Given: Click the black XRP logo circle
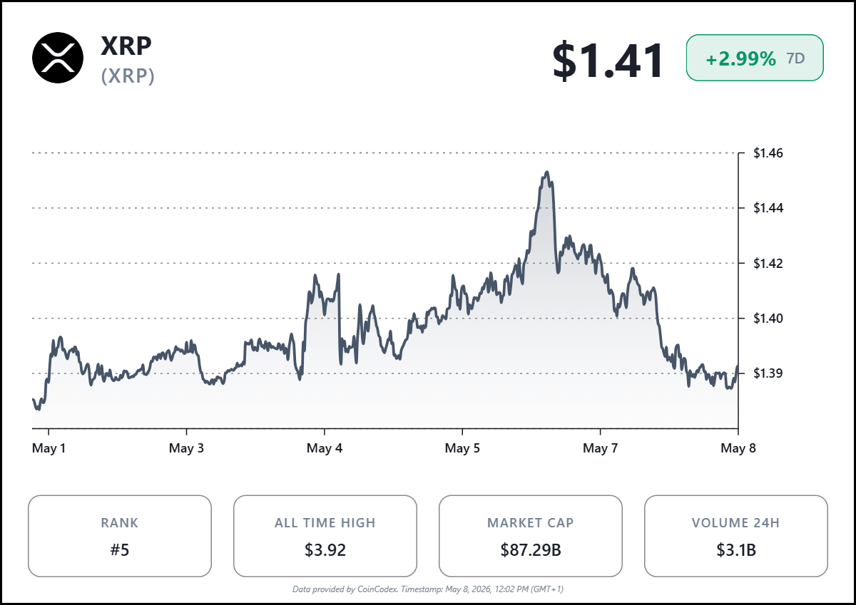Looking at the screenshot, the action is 58,58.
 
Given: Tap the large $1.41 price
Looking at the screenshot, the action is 607,61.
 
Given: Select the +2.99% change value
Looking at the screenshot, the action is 740,58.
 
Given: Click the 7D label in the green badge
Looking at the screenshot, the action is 795,58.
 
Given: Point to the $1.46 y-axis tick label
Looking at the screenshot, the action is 768,153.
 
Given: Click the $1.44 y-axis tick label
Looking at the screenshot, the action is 768,208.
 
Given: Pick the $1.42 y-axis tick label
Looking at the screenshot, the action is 768,264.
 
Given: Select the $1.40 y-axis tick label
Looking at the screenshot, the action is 768,319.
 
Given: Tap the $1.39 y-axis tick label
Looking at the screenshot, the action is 768,373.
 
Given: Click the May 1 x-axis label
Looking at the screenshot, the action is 49,448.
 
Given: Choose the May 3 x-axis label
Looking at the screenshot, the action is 186,448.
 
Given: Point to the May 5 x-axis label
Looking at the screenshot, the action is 462,448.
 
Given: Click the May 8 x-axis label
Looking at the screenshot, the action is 738,448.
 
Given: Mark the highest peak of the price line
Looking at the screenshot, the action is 547,172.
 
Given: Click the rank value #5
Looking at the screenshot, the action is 120,550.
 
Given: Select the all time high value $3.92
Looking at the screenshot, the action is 325,550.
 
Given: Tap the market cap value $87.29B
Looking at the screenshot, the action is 531,550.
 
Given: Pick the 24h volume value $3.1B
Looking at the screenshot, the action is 736,550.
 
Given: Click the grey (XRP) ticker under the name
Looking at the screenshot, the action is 128,76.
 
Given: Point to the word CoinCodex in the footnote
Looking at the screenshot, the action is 377,589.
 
